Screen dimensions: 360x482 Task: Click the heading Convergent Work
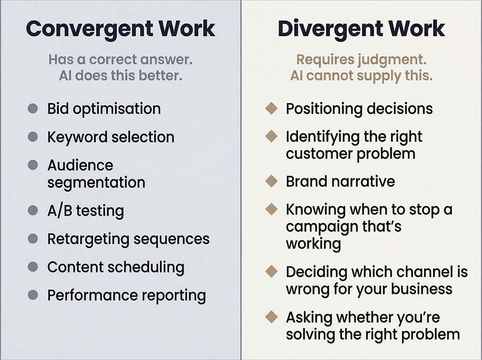coord(120,29)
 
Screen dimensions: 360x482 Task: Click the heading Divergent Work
coord(361,29)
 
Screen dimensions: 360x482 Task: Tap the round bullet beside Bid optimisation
coord(32,109)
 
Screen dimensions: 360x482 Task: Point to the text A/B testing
coord(85,210)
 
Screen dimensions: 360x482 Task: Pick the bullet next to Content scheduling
coord(32,267)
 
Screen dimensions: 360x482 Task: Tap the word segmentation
coord(96,182)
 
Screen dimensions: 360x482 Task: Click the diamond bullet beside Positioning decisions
coord(271,109)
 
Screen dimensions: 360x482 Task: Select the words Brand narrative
coord(340,181)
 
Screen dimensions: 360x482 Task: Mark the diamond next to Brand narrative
coord(271,181)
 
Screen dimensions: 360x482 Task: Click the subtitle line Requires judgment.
coord(361,60)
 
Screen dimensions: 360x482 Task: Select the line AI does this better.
coord(120,75)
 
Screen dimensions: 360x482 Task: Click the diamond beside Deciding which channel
coord(271,272)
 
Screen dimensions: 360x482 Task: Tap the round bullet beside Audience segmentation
coord(32,165)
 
